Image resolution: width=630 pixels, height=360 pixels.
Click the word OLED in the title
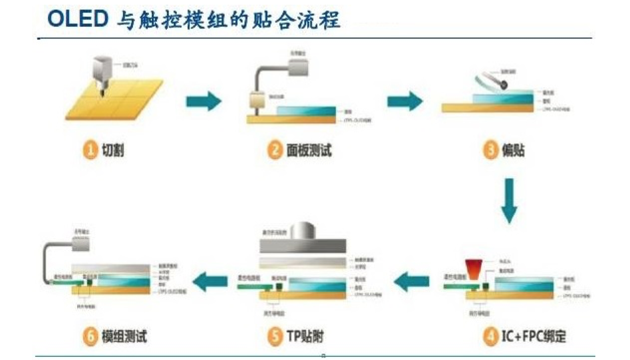click(77, 19)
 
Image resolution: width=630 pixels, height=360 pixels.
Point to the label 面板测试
click(309, 151)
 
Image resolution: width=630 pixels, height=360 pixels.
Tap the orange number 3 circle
click(490, 151)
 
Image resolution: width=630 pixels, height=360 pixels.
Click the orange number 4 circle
click(490, 337)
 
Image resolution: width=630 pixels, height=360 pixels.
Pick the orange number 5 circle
click(275, 337)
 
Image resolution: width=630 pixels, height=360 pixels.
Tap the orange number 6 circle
click(89, 337)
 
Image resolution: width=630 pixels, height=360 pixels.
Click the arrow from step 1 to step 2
click(203, 101)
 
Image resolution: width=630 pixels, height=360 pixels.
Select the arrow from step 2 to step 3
click(404, 101)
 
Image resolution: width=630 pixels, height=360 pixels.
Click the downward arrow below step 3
click(509, 200)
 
